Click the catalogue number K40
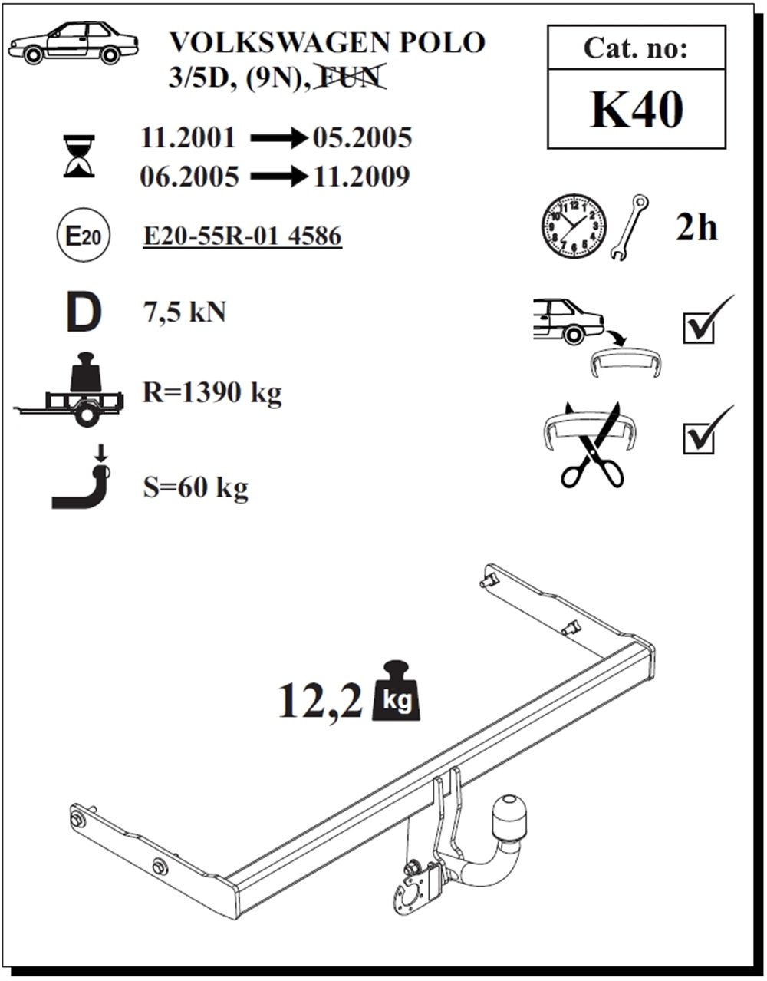[636, 109]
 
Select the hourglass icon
[79, 156]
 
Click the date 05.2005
[361, 138]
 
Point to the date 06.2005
[189, 177]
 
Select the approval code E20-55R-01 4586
[242, 236]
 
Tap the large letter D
[83, 312]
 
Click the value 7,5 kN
[184, 312]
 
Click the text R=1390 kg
[212, 394]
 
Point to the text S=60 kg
[195, 487]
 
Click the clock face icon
[574, 228]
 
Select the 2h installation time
[696, 227]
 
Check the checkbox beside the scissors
[699, 438]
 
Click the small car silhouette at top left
[73, 44]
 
